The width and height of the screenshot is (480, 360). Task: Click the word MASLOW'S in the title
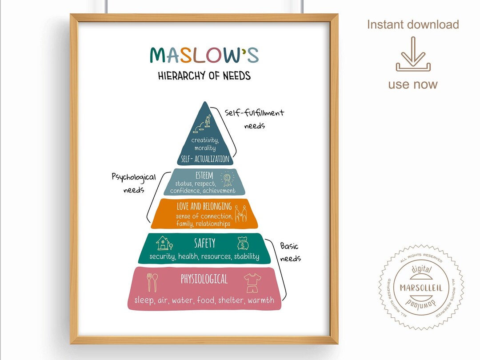(x=204, y=55)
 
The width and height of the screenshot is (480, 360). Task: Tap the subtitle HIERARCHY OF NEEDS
(x=204, y=76)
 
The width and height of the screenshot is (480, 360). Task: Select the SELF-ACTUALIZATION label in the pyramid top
(x=205, y=159)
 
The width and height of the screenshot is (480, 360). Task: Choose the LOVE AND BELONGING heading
(x=204, y=206)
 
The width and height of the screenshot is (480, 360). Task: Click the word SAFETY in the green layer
(x=204, y=243)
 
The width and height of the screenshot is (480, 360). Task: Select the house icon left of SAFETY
(x=164, y=243)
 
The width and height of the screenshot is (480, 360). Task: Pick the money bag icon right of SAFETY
(x=243, y=243)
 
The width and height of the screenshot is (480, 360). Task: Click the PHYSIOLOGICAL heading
(x=204, y=279)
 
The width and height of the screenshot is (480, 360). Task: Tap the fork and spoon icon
(x=152, y=282)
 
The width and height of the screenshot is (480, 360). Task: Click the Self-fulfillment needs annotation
(x=254, y=118)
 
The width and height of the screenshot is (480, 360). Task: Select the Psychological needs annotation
(x=133, y=183)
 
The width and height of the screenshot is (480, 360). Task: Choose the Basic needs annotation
(x=290, y=252)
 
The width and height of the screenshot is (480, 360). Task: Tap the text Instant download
(x=413, y=25)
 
